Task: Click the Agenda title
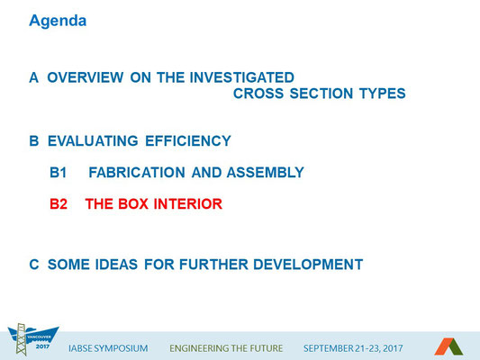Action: point(58,22)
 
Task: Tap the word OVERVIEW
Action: point(86,77)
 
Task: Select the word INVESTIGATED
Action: point(242,77)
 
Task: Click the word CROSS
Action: point(258,94)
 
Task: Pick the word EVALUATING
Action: point(93,141)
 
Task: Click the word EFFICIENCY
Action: point(188,141)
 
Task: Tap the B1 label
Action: point(59,173)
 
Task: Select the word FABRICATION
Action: point(137,173)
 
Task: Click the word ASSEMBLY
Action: point(266,173)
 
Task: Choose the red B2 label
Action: point(59,204)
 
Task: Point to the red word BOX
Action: point(133,204)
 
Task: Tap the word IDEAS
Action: point(116,265)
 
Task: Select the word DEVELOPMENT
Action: point(308,265)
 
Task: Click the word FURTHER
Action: point(213,265)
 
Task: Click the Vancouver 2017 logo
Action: point(33,339)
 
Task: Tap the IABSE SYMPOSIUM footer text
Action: point(108,348)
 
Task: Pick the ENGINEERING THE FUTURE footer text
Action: point(226,348)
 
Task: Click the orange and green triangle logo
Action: point(448,346)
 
